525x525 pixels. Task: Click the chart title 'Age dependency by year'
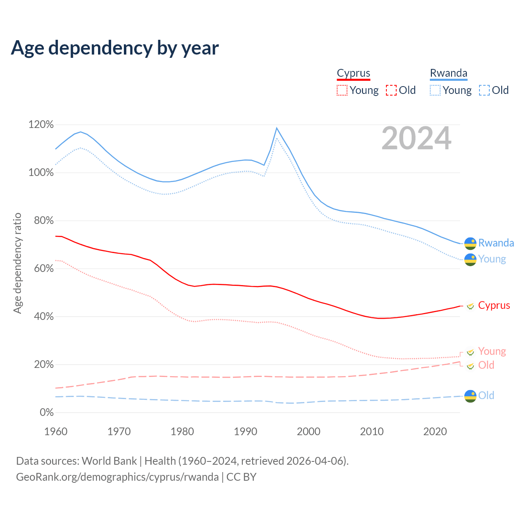coord(115,48)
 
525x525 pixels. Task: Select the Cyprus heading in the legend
coord(354,73)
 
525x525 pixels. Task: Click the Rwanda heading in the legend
coord(448,73)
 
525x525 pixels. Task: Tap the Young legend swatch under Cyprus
coord(342,90)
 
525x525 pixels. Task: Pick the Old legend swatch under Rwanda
coord(484,90)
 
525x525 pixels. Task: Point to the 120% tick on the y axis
coord(41,124)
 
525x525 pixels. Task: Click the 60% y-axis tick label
coord(41,268)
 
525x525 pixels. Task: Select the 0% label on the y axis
coord(46,412)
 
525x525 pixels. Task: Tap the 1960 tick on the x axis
coord(56,431)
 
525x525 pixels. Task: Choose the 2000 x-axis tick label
coord(308,431)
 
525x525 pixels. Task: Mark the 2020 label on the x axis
coord(435,431)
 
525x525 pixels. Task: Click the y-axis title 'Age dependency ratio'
coord(17,263)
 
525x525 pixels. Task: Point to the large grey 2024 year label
coord(416,139)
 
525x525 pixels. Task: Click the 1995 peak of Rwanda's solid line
coord(277,128)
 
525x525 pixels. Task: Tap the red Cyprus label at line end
coord(494,306)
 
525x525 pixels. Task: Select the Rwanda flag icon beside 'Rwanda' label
coord(470,243)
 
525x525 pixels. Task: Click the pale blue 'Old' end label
coord(486,395)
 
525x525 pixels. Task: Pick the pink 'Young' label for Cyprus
coord(492,351)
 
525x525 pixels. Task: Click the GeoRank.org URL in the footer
coord(117,477)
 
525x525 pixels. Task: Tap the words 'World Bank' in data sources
coord(109,461)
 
